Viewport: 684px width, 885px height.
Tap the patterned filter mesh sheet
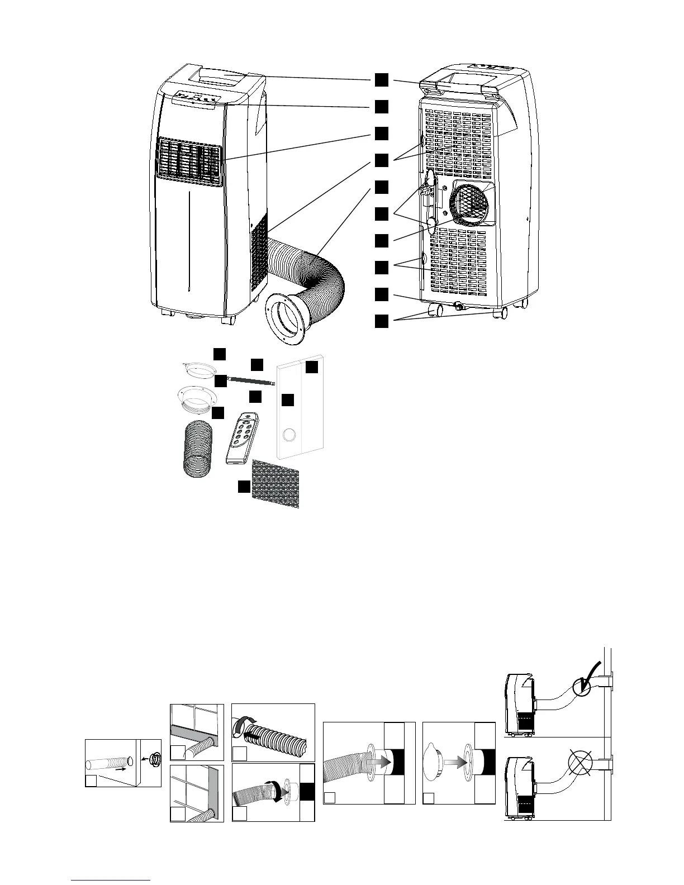click(275, 483)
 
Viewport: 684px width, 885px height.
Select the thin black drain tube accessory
click(251, 380)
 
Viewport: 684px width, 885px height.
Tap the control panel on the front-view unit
click(195, 98)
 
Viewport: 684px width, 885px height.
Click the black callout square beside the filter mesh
click(243, 487)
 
